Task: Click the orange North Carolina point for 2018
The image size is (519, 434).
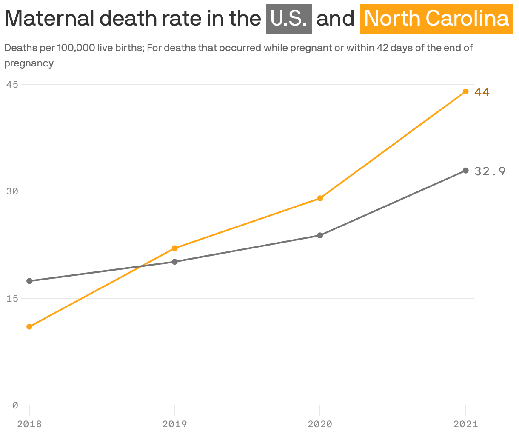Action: (29, 326)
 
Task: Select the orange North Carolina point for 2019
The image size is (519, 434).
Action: (174, 248)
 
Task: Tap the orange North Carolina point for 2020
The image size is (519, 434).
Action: (320, 198)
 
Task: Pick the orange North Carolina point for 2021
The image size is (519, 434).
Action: (465, 91)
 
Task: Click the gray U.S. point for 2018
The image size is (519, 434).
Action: (29, 281)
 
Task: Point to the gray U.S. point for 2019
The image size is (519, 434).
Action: (174, 262)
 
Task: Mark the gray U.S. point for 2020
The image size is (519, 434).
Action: (320, 235)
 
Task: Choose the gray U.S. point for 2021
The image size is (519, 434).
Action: (465, 171)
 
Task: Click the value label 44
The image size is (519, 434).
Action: (482, 92)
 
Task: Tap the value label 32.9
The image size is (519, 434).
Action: (490, 171)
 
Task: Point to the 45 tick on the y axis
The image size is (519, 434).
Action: (12, 84)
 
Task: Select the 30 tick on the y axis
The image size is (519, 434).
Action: (12, 191)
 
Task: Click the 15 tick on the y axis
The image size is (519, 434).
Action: (12, 298)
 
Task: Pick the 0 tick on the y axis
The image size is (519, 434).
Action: (15, 405)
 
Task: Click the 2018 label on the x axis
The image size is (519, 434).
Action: (29, 424)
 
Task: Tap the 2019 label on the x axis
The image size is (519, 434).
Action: (174, 424)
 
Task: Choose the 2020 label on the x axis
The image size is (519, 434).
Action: (320, 424)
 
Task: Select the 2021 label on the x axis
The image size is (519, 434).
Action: (465, 424)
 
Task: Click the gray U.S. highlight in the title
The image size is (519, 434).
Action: (289, 19)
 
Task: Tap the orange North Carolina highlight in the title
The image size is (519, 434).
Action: (436, 19)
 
